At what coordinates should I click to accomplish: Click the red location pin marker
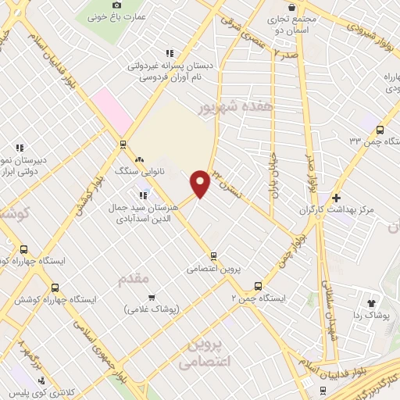200,183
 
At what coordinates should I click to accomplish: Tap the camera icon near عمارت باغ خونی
117,6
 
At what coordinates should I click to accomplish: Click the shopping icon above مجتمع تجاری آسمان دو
291,6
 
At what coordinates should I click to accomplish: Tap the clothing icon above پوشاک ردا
371,303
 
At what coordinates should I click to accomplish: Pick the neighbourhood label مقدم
132,279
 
